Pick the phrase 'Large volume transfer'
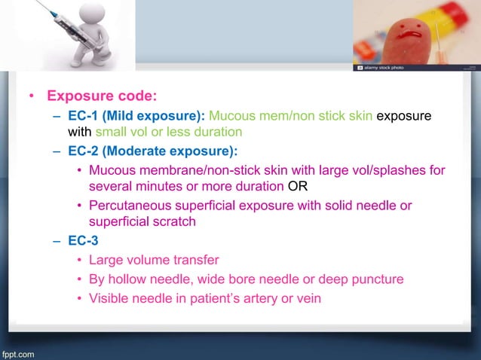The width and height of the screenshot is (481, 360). [154, 260]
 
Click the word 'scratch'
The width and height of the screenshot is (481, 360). [172, 222]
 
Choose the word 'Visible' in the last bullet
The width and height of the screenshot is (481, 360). [109, 298]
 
